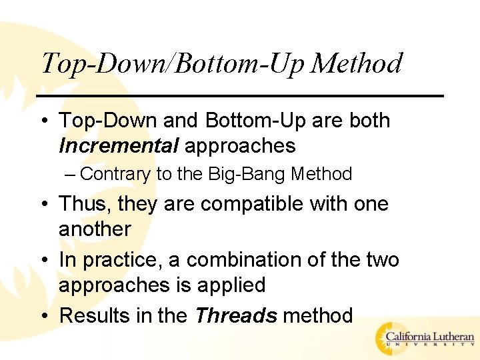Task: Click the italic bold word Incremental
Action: (119, 145)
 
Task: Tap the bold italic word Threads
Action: (235, 315)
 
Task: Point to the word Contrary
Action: (115, 175)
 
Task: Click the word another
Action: (95, 229)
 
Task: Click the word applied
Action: (235, 285)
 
